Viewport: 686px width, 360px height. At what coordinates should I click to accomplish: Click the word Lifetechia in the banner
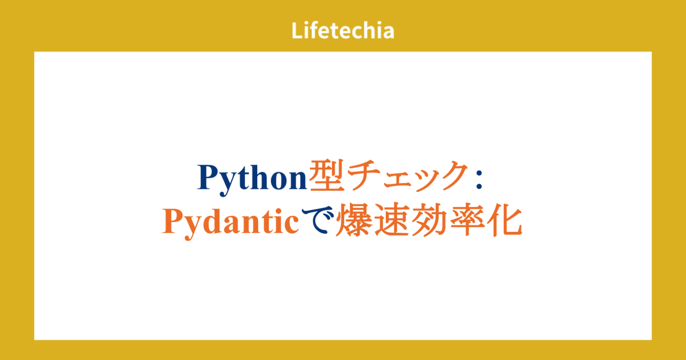tap(343, 30)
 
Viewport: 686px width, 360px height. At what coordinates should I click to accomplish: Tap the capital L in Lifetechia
tap(297, 31)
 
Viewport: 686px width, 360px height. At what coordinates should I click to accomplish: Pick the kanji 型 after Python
tap(326, 176)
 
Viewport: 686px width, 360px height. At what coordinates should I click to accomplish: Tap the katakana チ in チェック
tap(363, 176)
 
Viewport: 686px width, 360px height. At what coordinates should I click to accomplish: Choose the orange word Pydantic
tap(230, 222)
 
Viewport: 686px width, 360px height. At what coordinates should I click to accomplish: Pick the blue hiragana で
tap(318, 220)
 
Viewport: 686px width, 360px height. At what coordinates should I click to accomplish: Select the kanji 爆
tap(354, 219)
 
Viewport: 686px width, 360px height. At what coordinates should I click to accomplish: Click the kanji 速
tap(392, 219)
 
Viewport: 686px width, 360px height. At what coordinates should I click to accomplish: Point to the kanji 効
tap(429, 219)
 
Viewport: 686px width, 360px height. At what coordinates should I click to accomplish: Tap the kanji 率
tap(467, 219)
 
